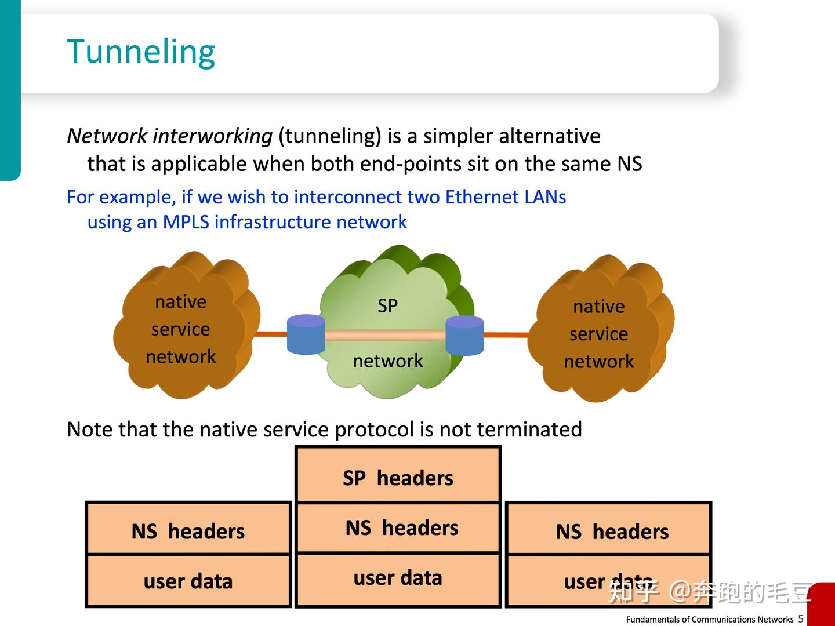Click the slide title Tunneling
(x=141, y=52)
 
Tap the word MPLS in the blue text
(x=186, y=222)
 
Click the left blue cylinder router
(x=306, y=334)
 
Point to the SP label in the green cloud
(x=387, y=305)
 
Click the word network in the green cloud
(x=387, y=361)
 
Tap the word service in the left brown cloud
(x=180, y=329)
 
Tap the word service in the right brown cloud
(x=598, y=334)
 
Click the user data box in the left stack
(x=188, y=581)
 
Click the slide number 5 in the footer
(x=801, y=619)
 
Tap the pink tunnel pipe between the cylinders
(x=385, y=335)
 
